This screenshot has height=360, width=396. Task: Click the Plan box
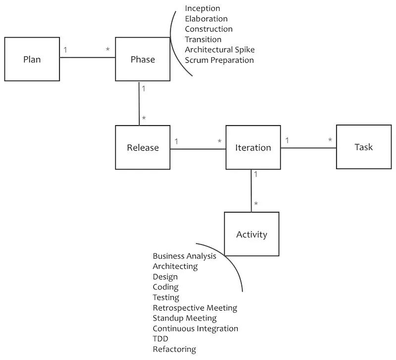click(32, 59)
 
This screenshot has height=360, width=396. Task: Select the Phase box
click(143, 59)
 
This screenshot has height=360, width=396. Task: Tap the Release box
click(143, 147)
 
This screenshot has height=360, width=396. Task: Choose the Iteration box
click(253, 147)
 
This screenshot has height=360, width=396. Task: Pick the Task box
click(363, 147)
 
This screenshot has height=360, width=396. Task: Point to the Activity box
click(251, 234)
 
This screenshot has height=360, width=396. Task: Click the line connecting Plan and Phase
click(88, 57)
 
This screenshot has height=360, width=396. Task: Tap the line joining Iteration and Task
click(308, 147)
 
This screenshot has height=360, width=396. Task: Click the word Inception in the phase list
click(202, 8)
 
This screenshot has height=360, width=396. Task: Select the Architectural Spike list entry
click(220, 49)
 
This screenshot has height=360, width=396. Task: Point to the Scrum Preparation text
click(219, 60)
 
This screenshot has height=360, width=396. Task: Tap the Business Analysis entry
click(184, 256)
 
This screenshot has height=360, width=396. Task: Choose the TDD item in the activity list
click(160, 339)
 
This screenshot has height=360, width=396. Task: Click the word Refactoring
click(174, 349)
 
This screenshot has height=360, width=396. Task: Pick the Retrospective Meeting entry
click(195, 308)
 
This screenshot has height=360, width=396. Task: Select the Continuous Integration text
click(195, 328)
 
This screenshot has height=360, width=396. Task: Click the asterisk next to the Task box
click(330, 140)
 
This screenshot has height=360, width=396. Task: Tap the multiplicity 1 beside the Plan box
click(65, 50)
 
